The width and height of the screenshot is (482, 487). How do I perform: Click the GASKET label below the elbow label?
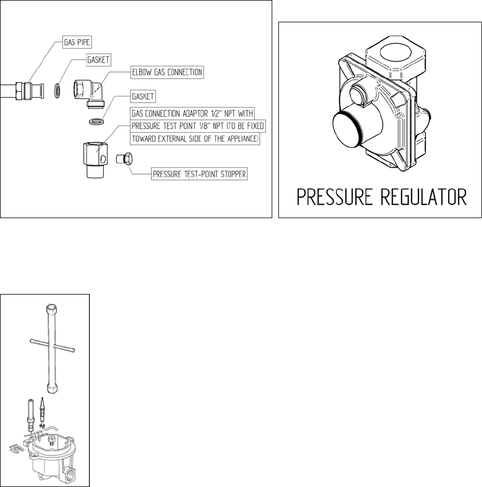[143, 96]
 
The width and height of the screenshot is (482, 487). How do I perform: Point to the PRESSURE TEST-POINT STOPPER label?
[199, 173]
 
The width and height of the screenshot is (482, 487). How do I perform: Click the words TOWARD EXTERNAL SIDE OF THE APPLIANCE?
[195, 139]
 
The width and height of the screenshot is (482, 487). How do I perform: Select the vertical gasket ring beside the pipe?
[57, 89]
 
